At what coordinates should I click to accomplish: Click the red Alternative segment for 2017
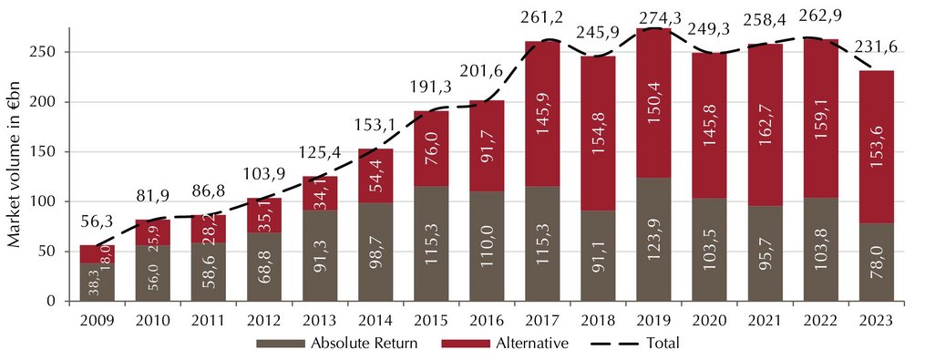click(543, 114)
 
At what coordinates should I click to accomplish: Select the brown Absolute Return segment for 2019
click(653, 240)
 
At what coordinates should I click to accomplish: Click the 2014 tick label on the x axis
click(375, 321)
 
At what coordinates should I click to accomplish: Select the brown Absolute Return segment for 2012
click(264, 267)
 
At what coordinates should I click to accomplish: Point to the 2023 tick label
click(876, 321)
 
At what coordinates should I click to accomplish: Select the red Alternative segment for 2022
click(820, 118)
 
